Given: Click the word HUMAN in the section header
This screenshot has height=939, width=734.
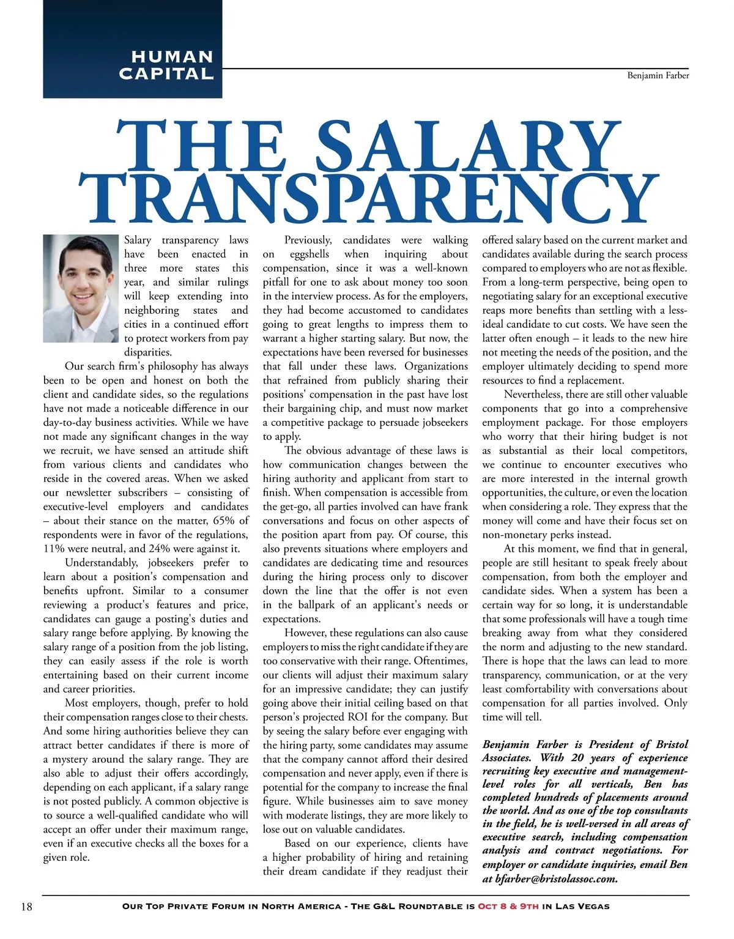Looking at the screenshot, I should [x=172, y=57].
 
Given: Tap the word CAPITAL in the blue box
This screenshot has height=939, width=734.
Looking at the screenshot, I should [x=166, y=74].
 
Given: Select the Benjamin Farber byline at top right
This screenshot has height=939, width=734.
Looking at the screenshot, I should [x=658, y=76].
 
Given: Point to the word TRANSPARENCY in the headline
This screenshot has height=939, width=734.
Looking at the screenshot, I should [x=366, y=196].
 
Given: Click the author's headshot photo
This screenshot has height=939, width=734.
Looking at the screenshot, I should [x=80, y=289].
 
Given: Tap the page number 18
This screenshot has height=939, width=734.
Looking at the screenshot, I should [x=26, y=907].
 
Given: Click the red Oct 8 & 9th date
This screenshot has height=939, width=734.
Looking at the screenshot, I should [x=508, y=906].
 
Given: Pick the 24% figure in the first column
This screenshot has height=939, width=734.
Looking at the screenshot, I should [x=159, y=549].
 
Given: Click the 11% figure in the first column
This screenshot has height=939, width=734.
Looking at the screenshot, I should [x=56, y=549].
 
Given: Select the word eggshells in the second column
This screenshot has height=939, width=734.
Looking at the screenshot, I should [x=309, y=254].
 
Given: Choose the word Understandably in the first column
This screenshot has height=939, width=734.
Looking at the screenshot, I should [x=98, y=563].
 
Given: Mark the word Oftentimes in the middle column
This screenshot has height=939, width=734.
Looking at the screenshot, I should [x=441, y=661].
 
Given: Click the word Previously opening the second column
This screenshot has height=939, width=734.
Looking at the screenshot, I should [x=308, y=240].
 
